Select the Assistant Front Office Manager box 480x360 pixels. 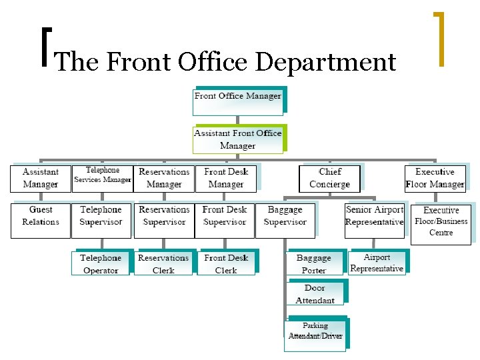click(238, 139)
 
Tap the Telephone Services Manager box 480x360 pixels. click(102, 177)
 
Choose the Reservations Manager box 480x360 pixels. click(164, 178)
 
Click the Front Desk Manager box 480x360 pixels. click(226, 178)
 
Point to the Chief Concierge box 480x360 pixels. click(330, 178)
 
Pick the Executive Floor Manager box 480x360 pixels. click(435, 178)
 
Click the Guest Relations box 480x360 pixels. click(41, 220)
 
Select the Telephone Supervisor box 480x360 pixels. click(101, 220)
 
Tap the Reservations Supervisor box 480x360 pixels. click(164, 220)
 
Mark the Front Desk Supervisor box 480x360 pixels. click(225, 220)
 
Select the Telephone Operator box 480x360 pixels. click(101, 263)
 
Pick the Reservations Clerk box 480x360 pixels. click(163, 263)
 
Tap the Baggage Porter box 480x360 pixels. click(314, 263)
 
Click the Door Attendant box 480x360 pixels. click(315, 294)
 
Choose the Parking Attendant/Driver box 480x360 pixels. click(315, 331)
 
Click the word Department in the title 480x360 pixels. click(327, 62)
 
